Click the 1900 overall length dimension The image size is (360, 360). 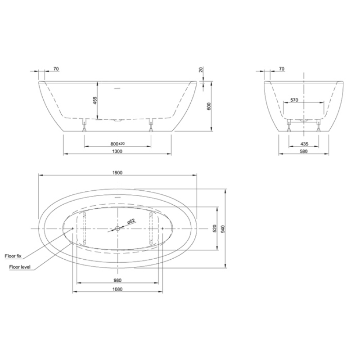(117, 173)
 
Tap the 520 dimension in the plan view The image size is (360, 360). (215, 229)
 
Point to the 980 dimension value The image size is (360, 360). (117, 280)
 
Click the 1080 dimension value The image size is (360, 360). (117, 289)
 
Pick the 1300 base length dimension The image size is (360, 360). (117, 151)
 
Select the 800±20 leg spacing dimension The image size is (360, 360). (117, 144)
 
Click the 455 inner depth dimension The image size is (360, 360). (95, 100)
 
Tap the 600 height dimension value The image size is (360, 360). (209, 106)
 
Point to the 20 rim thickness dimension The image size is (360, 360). (201, 70)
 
